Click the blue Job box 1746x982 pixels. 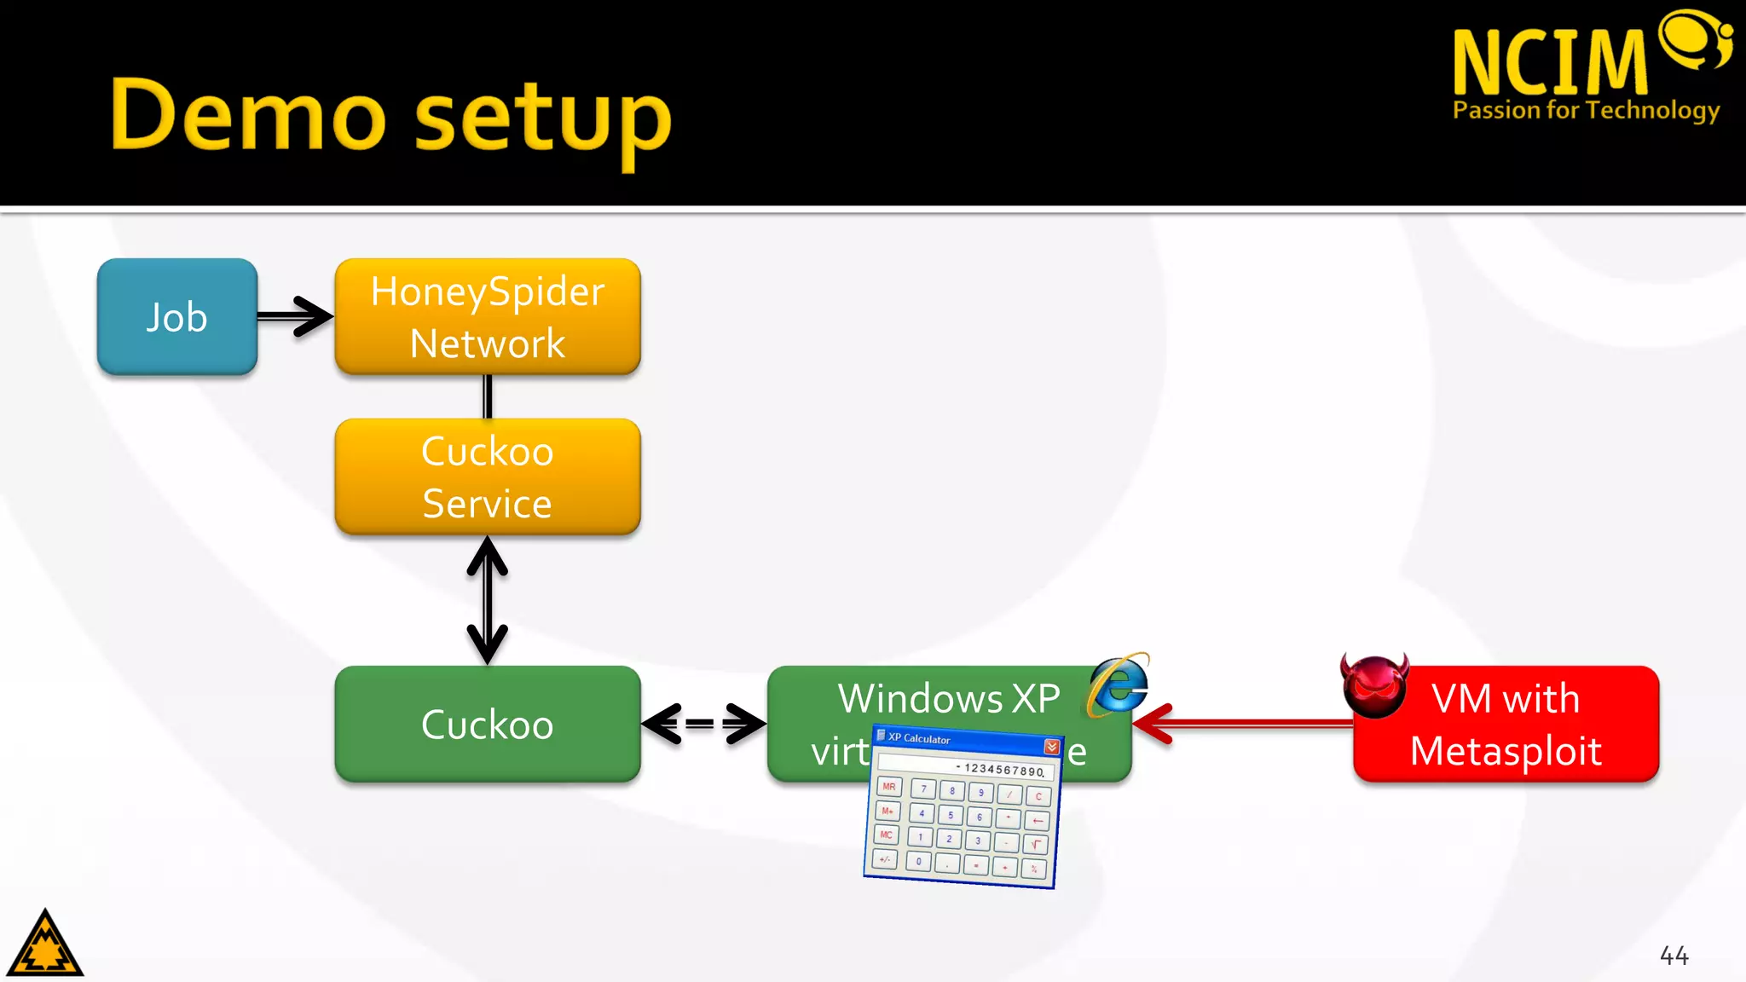tap(176, 317)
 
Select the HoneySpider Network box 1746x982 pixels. tap(487, 317)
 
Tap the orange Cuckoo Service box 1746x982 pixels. tap(487, 477)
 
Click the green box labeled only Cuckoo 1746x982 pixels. tap(487, 724)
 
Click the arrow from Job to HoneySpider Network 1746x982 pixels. tap(294, 316)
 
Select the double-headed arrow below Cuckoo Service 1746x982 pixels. tap(487, 600)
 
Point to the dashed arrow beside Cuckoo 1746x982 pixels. tap(702, 724)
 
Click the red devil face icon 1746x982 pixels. tap(1373, 686)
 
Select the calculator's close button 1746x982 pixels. tap(1051, 747)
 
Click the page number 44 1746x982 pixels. tap(1674, 956)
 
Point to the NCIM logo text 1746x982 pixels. tap(1550, 61)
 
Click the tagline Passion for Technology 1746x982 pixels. tap(1586, 111)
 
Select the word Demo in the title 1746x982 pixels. tap(248, 115)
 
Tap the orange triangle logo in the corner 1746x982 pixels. tap(44, 944)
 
